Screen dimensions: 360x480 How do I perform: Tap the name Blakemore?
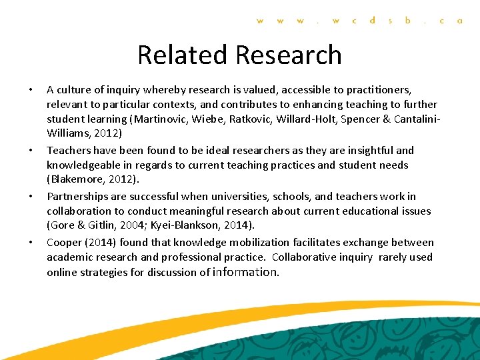click(79, 180)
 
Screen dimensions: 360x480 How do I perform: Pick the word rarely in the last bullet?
click(393, 257)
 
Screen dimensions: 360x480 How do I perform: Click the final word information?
click(245, 272)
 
